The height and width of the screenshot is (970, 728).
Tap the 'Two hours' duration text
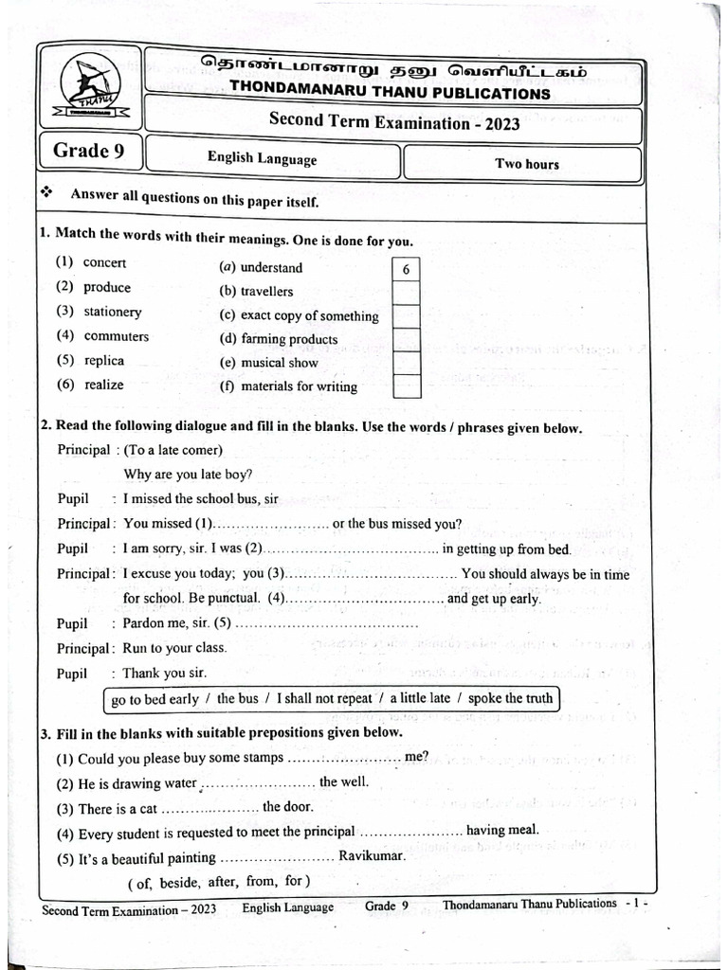coord(527,164)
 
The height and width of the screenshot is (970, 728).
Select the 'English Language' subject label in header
coord(263,159)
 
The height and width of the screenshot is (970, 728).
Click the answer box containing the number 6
coord(406,270)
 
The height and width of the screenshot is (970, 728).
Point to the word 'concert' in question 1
coord(104,262)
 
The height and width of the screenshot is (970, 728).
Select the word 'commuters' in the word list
coord(116,335)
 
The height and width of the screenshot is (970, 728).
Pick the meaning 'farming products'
coord(289,338)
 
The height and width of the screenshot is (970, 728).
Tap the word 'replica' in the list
coord(103,360)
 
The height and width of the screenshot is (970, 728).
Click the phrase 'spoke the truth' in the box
coord(509,698)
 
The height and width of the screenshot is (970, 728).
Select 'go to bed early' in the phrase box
coord(155,699)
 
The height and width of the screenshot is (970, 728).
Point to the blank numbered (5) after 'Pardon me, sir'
coord(325,624)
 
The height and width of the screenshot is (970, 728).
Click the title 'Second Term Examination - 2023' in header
coord(394,121)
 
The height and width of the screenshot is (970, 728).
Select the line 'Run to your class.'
coord(175,648)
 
